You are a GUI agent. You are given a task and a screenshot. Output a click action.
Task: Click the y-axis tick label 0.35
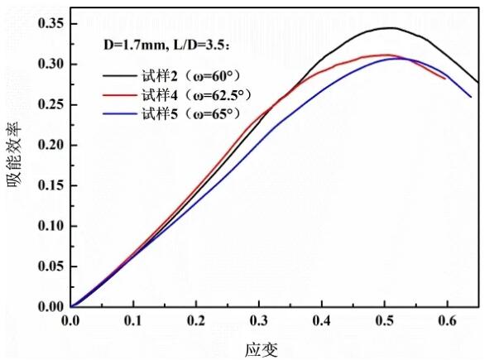pyautogui.click(x=52, y=23)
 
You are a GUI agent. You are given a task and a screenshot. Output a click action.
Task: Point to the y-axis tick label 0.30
pyautogui.click(x=52, y=64)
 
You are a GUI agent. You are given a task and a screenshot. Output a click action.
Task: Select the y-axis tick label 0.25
pyautogui.click(x=52, y=104)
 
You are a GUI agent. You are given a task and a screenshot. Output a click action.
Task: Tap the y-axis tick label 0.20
pyautogui.click(x=52, y=145)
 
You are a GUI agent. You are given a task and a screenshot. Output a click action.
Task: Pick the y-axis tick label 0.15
pyautogui.click(x=52, y=185)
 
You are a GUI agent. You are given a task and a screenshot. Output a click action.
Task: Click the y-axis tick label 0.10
pyautogui.click(x=52, y=226)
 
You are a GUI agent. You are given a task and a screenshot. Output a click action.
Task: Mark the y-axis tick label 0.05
pyautogui.click(x=52, y=266)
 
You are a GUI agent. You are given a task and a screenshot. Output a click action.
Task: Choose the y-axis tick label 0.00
pyautogui.click(x=52, y=307)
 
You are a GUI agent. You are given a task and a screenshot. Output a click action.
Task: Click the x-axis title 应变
pyautogui.click(x=262, y=348)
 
